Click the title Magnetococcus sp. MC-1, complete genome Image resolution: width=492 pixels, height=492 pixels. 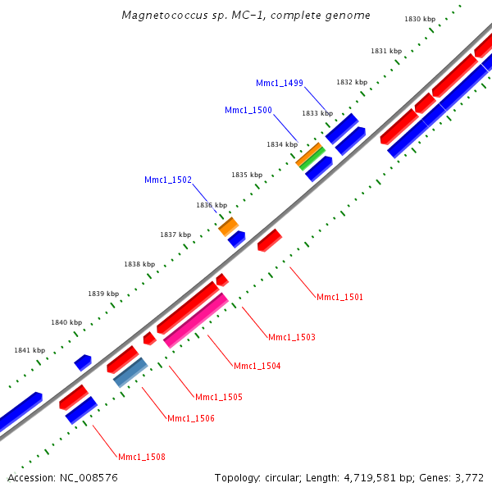245,16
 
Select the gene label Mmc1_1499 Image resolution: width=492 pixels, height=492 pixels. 280,83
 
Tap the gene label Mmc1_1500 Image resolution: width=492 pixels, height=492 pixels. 248,110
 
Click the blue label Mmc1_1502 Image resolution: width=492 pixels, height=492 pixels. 168,180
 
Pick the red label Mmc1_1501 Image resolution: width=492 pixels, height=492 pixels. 339,297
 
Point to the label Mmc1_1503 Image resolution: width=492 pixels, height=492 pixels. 292,337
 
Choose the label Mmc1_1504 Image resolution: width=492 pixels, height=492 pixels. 257,366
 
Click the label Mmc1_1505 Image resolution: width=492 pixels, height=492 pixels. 219,397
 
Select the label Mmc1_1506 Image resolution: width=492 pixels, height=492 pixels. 191,418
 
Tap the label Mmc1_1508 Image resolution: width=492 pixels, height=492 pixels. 142,457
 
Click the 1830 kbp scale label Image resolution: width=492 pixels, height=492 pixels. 420,19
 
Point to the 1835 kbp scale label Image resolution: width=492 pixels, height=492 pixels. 247,175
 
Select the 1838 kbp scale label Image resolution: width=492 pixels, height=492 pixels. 139,264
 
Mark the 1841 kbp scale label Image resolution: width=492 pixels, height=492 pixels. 30,350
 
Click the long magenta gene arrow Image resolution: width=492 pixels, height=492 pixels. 196,321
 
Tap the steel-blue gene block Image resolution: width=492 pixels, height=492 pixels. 130,372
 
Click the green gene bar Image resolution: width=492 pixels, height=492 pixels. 312,157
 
